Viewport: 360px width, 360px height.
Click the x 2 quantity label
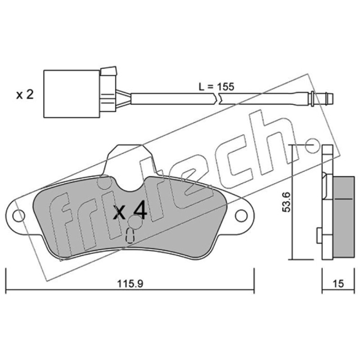(x=25, y=94)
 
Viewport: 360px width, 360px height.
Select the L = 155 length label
(x=216, y=87)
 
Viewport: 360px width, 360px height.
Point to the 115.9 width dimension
(x=130, y=283)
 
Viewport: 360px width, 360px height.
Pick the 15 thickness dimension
(x=338, y=283)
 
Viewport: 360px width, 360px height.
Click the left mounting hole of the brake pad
(x=18, y=216)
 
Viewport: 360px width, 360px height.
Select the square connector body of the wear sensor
(x=72, y=94)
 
